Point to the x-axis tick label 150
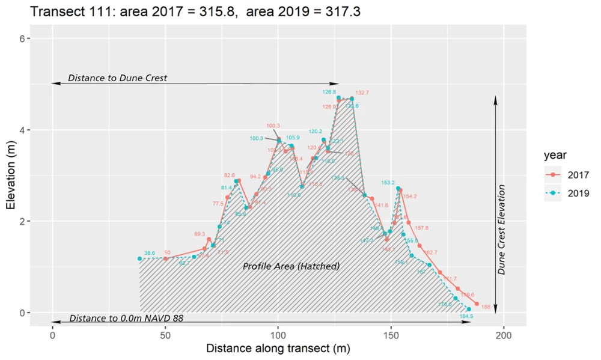[x=391, y=334]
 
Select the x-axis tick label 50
[x=165, y=334]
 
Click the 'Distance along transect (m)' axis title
[x=278, y=349]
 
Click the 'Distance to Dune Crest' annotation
[x=117, y=78]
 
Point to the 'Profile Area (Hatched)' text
[x=291, y=266]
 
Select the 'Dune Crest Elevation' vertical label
[x=502, y=228]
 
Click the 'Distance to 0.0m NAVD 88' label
[x=126, y=318]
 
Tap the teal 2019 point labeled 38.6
[x=139, y=258]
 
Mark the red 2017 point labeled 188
[x=477, y=304]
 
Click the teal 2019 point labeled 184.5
[x=469, y=309]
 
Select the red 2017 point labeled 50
[x=165, y=258]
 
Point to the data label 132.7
[x=362, y=93]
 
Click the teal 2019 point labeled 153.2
[x=398, y=188]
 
